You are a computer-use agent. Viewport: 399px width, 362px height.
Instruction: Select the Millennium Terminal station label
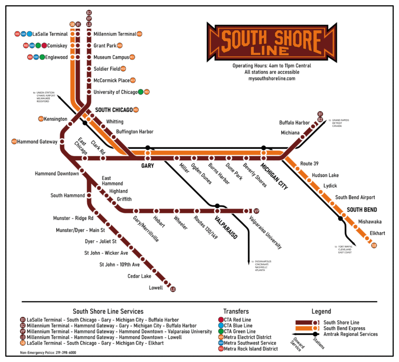pos(115,34)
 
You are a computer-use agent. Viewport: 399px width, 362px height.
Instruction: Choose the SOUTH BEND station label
pos(362,209)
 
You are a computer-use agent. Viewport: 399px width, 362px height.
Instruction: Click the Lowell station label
pos(156,287)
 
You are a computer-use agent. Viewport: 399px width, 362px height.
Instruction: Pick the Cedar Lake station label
pos(139,276)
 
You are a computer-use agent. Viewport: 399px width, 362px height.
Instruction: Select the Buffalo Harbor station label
pos(294,123)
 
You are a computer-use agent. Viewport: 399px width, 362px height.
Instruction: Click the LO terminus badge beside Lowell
pos(174,289)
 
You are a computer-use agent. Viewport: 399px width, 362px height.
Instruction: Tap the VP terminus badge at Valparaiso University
pos(256,211)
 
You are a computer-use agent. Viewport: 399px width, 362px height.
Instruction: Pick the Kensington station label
pos(56,119)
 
